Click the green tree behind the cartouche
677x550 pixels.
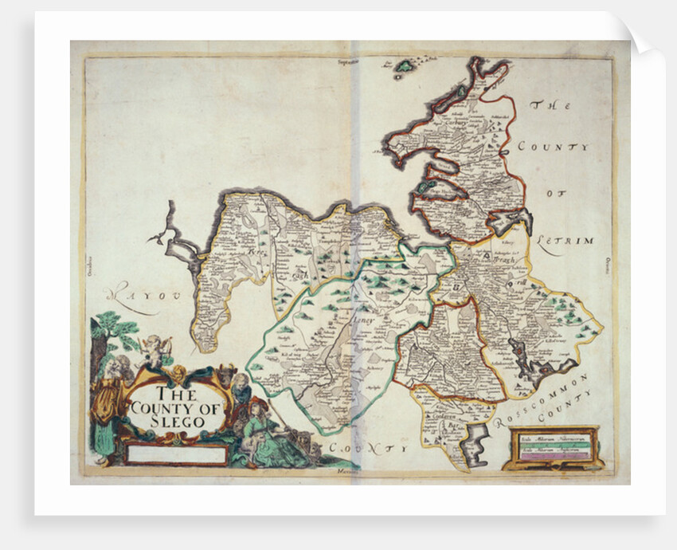(112, 331)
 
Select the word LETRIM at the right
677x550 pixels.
(565, 240)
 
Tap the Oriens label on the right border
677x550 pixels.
(606, 264)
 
